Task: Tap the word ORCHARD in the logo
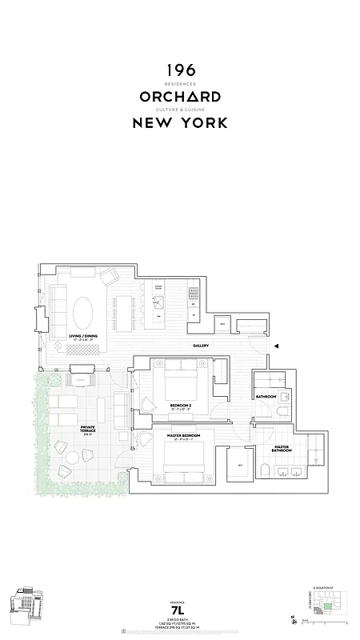coord(180,97)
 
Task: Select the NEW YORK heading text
coord(180,122)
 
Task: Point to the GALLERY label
coord(201,346)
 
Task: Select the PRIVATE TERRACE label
coord(88,430)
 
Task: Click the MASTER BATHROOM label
coord(282,449)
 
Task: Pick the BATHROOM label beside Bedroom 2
coord(266,397)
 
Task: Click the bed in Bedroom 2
coord(182,383)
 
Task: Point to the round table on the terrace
coord(71,457)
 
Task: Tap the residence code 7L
coord(180,610)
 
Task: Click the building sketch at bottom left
coord(26,606)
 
